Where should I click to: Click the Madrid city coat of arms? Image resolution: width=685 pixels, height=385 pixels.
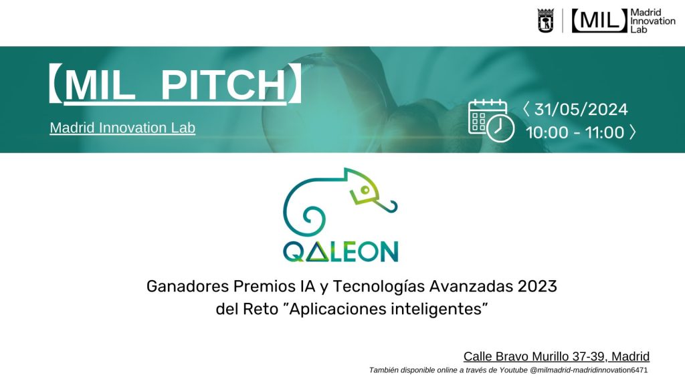point(545,21)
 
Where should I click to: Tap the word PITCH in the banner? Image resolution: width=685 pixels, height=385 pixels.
point(223,84)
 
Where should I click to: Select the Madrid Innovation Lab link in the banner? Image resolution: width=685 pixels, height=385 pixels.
point(122,128)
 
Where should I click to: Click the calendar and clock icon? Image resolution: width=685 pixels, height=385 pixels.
point(491,120)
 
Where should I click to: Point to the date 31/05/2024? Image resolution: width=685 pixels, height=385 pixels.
point(581,109)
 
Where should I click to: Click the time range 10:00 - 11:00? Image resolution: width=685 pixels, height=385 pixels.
point(575,132)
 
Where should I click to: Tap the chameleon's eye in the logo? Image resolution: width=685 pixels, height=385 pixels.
point(365,190)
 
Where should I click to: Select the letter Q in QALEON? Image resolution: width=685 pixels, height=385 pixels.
point(294,252)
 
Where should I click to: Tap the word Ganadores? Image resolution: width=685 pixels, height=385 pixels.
point(187,286)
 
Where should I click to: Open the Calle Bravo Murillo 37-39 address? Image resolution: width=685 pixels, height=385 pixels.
point(556,356)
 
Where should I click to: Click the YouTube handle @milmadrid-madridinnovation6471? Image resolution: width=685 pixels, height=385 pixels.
point(589,370)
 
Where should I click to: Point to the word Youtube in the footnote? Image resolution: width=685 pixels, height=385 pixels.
point(513,370)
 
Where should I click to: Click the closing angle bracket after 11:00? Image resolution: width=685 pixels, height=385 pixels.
point(633,132)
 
